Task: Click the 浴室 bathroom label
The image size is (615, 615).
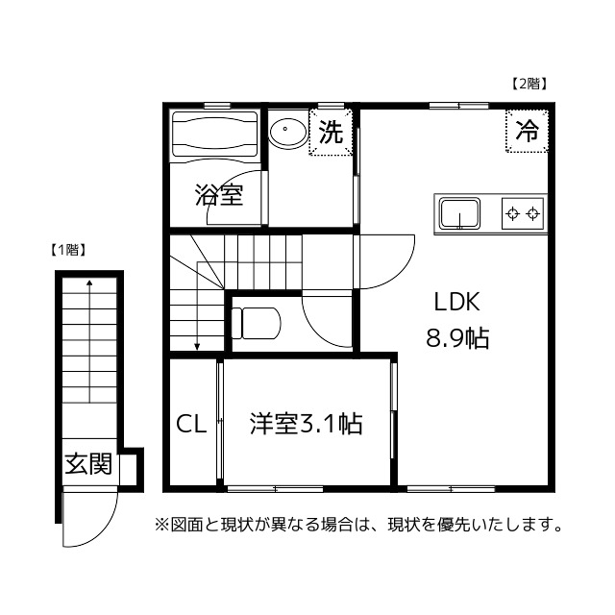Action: (218, 195)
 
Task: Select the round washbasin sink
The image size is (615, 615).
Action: (286, 132)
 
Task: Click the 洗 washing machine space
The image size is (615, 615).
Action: (331, 134)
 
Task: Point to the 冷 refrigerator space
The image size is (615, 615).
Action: (527, 132)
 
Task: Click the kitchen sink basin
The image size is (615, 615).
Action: (460, 211)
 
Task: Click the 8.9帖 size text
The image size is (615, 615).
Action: (457, 338)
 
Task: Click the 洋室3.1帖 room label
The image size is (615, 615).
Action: (306, 424)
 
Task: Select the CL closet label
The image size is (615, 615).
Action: (190, 424)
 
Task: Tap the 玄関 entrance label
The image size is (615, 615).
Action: (87, 465)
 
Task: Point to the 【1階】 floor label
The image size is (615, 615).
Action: (68, 250)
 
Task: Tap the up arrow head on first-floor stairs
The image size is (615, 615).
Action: (88, 283)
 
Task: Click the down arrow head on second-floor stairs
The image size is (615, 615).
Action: (197, 347)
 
